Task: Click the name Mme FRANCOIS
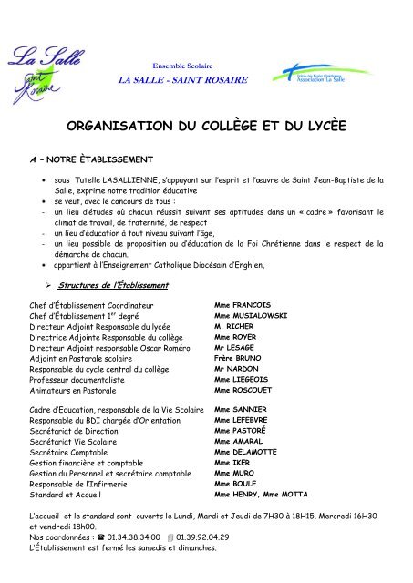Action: tap(242, 303)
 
